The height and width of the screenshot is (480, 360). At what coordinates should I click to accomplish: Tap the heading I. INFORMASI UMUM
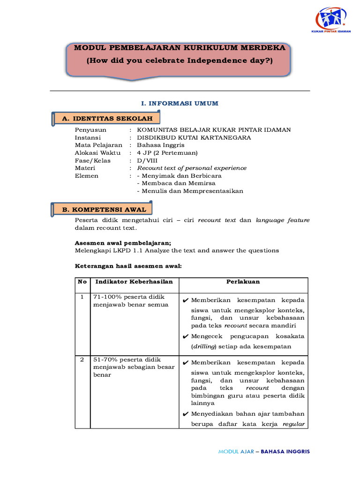pyautogui.click(x=180, y=104)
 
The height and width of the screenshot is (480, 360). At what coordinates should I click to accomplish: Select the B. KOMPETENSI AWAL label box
pyautogui.click(x=104, y=210)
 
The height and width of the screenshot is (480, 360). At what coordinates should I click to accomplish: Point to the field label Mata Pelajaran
pyautogui.click(x=98, y=145)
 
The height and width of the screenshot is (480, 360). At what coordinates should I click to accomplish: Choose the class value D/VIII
pyautogui.click(x=146, y=160)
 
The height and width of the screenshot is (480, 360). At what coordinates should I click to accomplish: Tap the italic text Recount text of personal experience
pyautogui.click(x=191, y=168)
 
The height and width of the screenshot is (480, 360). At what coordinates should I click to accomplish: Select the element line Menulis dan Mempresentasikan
pyautogui.click(x=190, y=191)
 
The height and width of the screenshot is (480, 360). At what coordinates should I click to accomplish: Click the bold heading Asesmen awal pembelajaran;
pyautogui.click(x=123, y=243)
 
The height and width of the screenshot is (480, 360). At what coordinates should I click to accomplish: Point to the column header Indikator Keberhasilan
pyautogui.click(x=134, y=282)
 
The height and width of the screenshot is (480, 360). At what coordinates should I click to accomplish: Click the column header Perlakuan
pyautogui.click(x=243, y=282)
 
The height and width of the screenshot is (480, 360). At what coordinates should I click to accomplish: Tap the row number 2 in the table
pyautogui.click(x=82, y=360)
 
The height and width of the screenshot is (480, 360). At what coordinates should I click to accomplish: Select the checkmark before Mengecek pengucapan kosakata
pyautogui.click(x=186, y=337)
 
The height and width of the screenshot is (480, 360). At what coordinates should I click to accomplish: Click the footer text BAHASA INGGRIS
pyautogui.click(x=285, y=451)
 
